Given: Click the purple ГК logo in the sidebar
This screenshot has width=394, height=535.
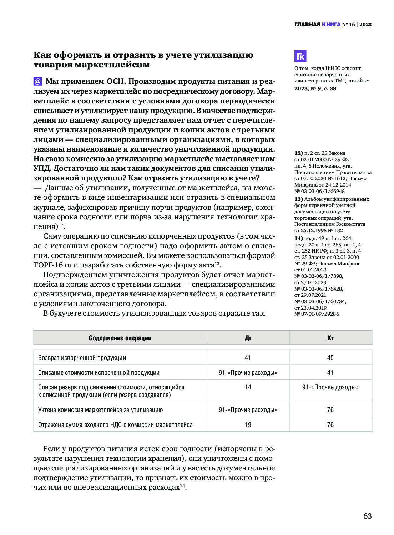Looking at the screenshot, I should click(300, 56).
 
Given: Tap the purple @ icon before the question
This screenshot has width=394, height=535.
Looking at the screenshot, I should click(37, 81).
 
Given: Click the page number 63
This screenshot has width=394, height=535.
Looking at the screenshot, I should click(367, 516).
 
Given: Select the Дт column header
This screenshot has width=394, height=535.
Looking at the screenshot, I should click(248, 338).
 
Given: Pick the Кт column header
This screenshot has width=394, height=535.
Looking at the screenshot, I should click(330, 338).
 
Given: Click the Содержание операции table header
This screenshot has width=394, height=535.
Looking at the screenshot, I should click(120, 338).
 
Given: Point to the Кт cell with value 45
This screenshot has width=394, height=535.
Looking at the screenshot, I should click(330, 357).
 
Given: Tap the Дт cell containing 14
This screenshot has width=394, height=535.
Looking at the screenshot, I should click(248, 387).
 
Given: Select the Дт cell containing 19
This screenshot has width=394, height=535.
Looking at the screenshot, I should click(248, 424).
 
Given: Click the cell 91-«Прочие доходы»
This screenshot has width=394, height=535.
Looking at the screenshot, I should click(330, 387).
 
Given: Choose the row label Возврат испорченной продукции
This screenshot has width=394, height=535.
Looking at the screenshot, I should click(82, 357).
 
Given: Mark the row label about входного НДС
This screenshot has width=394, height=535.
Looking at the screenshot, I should click(115, 424).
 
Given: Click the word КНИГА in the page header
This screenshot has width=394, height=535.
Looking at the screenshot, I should click(331, 24).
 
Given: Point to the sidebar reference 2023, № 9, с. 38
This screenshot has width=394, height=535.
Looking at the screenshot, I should click(315, 88).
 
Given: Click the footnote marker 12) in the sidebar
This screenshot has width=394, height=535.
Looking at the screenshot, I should click(298, 153).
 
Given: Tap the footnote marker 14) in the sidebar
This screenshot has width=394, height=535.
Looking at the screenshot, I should click(298, 238).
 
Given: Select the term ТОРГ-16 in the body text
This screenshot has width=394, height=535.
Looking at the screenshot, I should click(48, 265).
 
